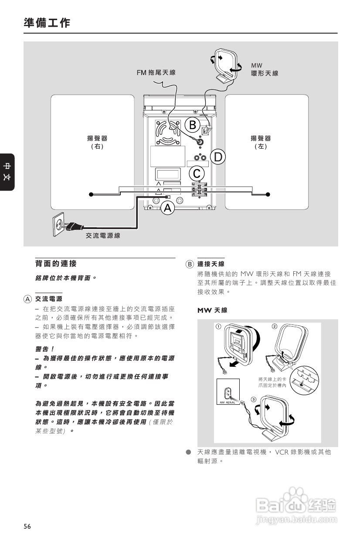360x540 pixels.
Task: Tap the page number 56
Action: tap(27, 526)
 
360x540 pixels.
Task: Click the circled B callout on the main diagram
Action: tap(192, 124)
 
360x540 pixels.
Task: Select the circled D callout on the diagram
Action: tap(218, 156)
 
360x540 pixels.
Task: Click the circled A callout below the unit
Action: tap(168, 208)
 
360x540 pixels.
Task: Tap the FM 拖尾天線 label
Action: tap(156, 72)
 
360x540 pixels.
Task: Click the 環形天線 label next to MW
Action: tap(265, 74)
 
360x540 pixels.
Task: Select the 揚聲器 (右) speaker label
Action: tap(97, 142)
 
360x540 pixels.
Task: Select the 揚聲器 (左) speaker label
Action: tap(261, 142)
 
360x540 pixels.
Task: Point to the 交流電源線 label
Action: tap(103, 236)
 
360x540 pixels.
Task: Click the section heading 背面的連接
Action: tap(55, 264)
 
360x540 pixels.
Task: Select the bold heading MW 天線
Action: tap(212, 310)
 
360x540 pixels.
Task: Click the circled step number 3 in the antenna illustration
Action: tap(253, 400)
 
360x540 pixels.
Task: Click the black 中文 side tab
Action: tap(7, 172)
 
